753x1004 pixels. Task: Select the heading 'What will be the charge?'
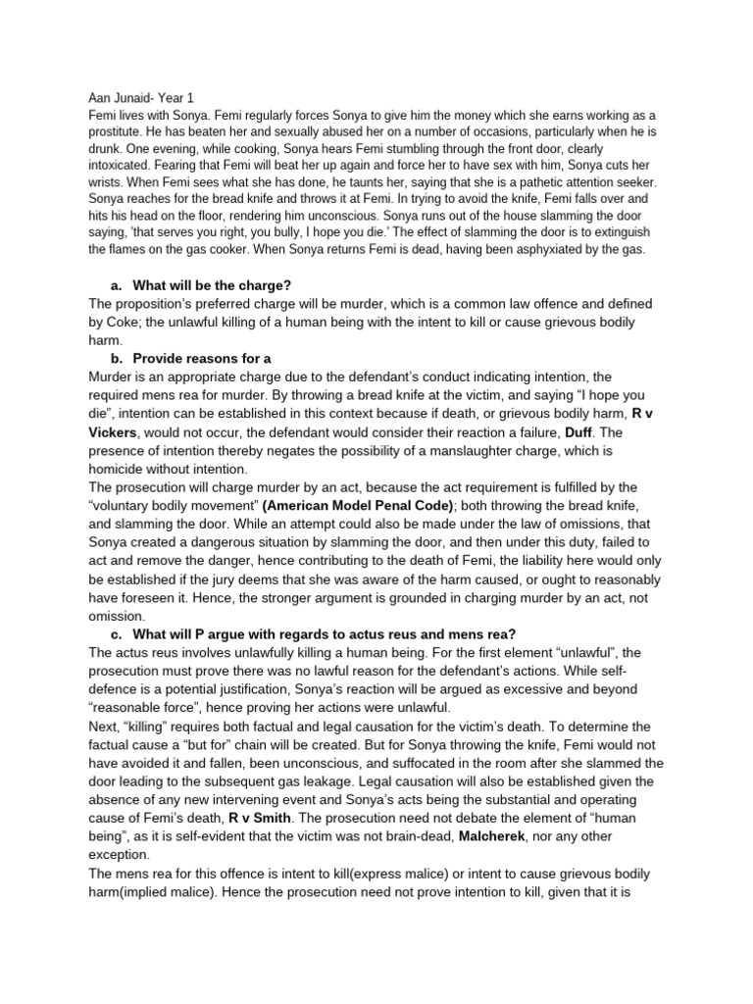212,285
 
